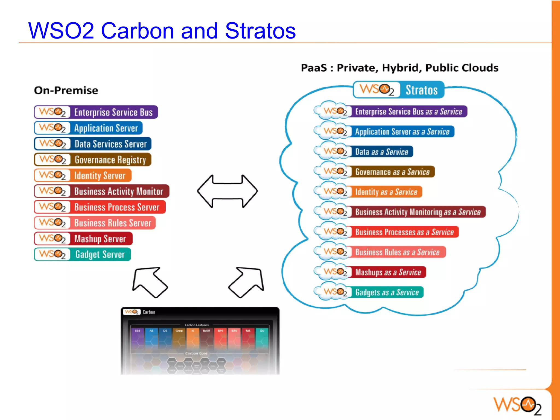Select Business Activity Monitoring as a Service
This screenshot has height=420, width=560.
click(x=417, y=212)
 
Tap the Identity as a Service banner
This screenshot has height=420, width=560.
click(x=386, y=192)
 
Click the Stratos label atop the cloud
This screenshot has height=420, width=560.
click(x=421, y=90)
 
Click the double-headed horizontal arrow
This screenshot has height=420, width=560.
click(x=227, y=191)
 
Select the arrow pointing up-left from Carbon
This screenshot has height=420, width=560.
click(x=149, y=282)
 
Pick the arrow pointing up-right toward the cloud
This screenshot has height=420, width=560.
click(x=247, y=282)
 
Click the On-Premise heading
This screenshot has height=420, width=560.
click(x=66, y=90)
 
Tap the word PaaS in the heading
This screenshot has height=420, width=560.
click(x=314, y=68)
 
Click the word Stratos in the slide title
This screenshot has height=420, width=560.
click(x=260, y=31)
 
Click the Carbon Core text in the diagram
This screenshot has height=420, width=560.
click(x=196, y=353)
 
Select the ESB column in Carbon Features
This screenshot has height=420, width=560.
click(x=138, y=339)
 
